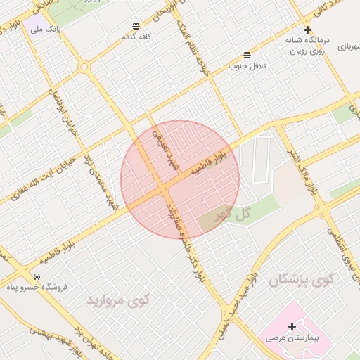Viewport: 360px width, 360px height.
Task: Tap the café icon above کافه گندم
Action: pos(136,26)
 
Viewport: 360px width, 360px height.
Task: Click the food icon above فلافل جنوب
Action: pos(247,55)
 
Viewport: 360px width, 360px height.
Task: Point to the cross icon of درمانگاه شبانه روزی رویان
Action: pos(307,30)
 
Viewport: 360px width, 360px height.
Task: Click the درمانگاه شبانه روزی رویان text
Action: pos(308,46)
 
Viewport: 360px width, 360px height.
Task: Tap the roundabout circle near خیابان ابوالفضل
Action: pos(84,67)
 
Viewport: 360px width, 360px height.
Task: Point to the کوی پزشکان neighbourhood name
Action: pos(302,280)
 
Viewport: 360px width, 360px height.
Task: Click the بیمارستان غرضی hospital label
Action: pos(292,338)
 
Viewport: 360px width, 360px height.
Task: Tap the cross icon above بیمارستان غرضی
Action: pos(292,326)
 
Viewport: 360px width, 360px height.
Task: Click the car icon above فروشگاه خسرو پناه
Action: pos(36,275)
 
